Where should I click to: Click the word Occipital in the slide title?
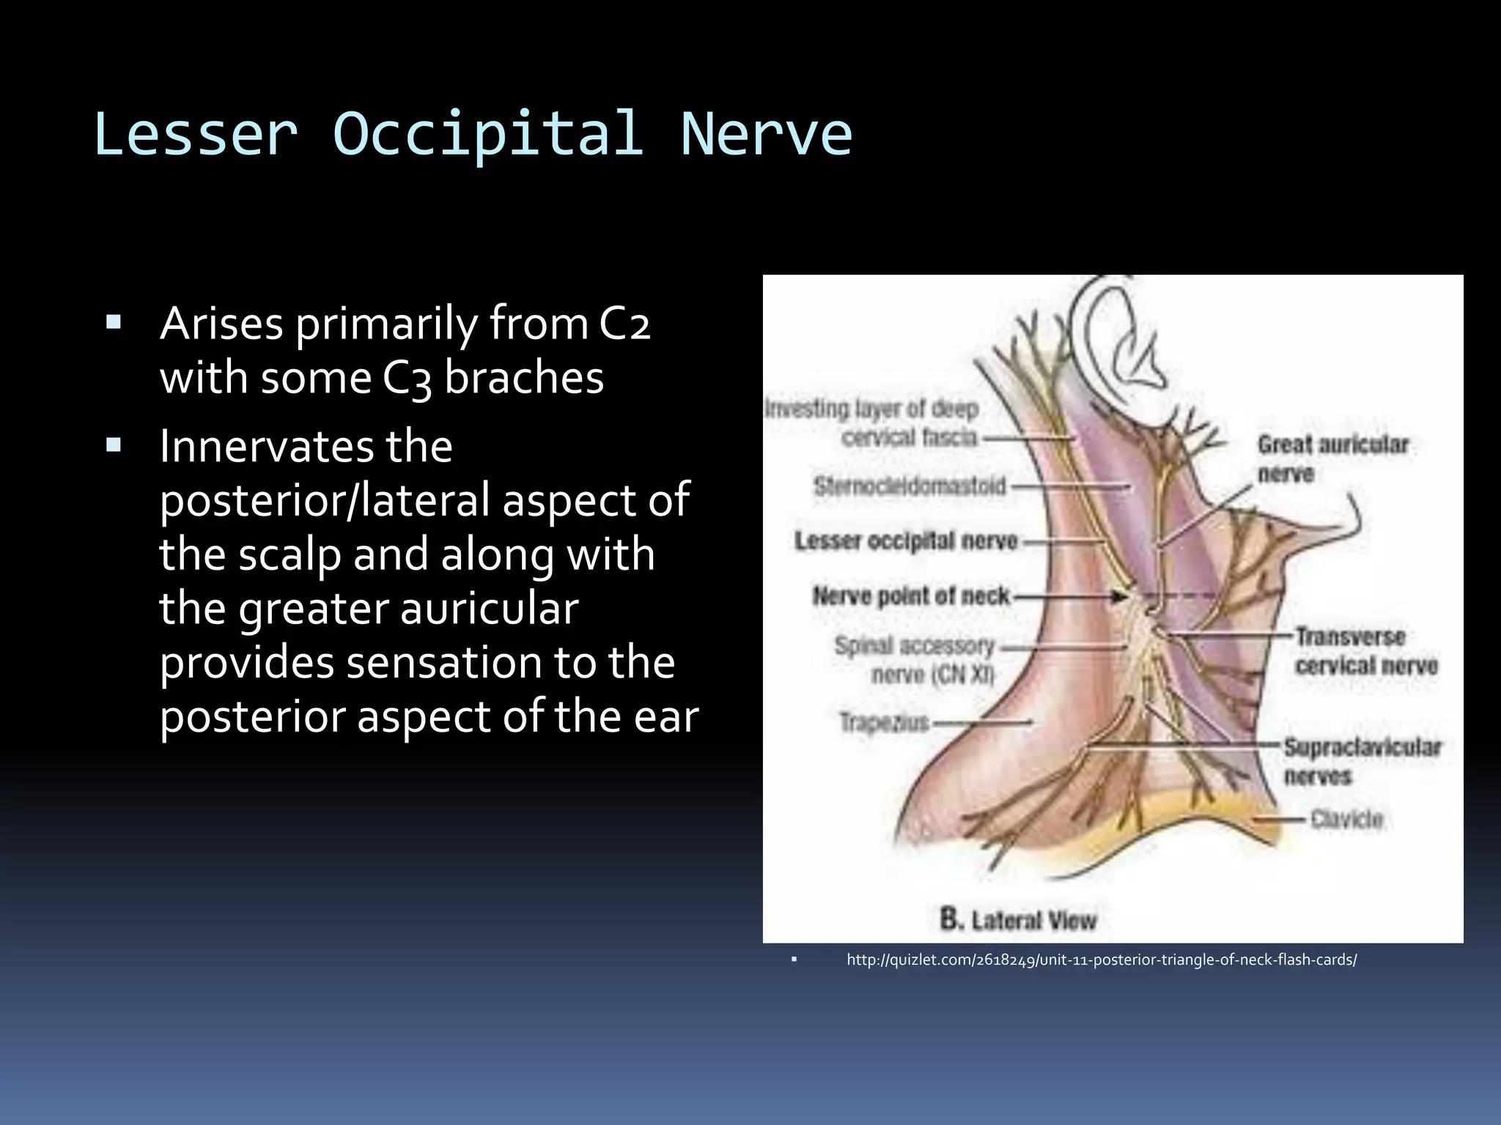click(488, 134)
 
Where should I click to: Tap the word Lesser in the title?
click(196, 134)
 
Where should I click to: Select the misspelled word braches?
click(524, 378)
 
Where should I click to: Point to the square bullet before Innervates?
click(114, 445)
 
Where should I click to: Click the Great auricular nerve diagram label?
click(1332, 458)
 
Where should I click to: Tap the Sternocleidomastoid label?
click(910, 486)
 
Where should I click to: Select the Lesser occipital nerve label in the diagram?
click(906, 541)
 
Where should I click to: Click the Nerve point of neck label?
click(911, 596)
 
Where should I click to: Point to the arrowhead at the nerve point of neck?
click(1119, 597)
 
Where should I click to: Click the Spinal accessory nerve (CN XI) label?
click(916, 659)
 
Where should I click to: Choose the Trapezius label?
click(884, 723)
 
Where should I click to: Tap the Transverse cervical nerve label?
click(1365, 651)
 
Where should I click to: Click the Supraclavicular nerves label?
click(1361, 761)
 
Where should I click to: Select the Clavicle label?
click(1346, 819)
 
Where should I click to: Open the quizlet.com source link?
click(1101, 959)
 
